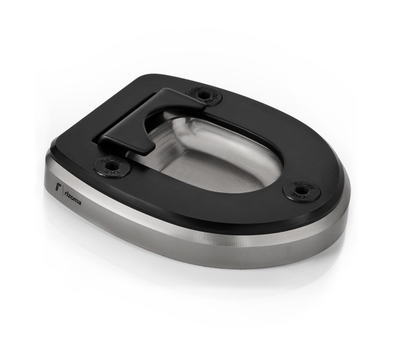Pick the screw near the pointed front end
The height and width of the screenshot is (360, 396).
[x=302, y=192]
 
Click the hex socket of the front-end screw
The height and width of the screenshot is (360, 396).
[x=302, y=192]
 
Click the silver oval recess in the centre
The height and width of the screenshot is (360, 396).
[x=218, y=159]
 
